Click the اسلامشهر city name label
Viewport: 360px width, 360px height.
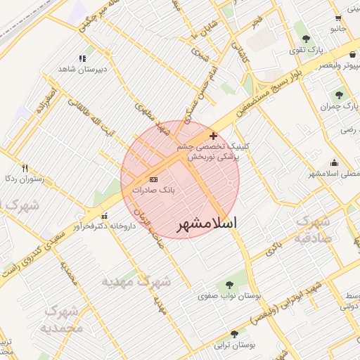(206, 224)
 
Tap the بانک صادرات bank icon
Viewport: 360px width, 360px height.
(154, 180)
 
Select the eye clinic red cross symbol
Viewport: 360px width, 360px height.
(214, 135)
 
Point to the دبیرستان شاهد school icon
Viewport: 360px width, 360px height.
(82, 59)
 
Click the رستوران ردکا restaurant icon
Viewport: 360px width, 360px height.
(25, 168)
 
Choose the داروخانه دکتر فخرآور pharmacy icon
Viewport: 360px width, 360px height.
(105, 216)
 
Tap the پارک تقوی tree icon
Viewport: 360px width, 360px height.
(304, 39)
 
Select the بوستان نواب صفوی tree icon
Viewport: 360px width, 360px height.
(228, 285)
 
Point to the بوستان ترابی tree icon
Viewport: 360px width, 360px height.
(234, 334)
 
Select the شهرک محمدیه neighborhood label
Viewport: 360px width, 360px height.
(63, 319)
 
